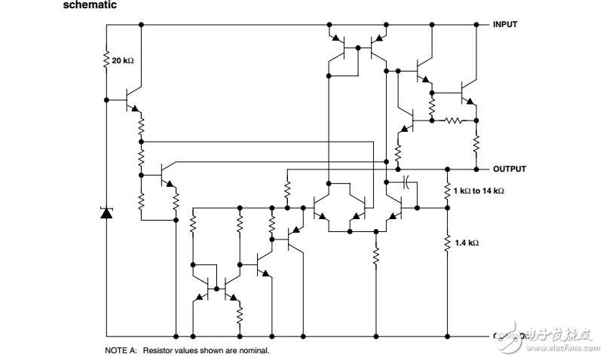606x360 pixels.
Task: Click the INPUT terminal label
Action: pyautogui.click(x=505, y=24)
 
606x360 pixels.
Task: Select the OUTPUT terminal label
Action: pyautogui.click(x=510, y=169)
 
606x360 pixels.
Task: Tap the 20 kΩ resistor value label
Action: pyautogui.click(x=123, y=59)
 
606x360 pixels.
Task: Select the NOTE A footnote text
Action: pyautogui.click(x=186, y=350)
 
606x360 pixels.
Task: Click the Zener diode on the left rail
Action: pyautogui.click(x=106, y=213)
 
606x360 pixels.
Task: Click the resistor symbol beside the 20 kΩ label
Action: pyautogui.click(x=106, y=59)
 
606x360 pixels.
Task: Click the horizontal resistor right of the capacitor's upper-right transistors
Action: pyautogui.click(x=453, y=119)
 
